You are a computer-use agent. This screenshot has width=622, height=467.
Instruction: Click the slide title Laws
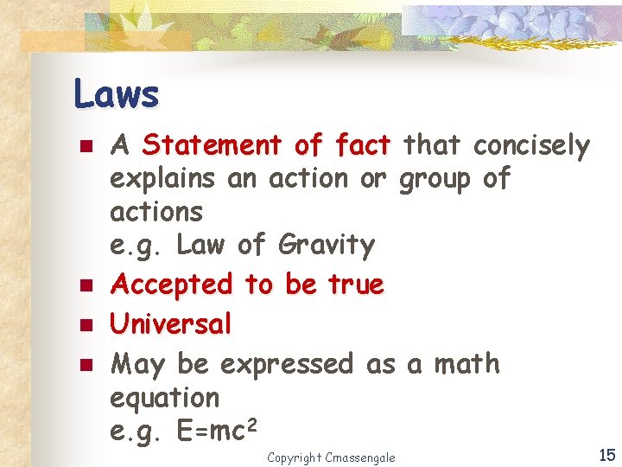tap(117, 93)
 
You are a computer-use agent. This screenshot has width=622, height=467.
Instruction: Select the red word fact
tap(354, 145)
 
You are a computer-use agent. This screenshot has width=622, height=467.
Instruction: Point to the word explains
tap(162, 180)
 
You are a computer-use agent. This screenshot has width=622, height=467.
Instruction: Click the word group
tap(435, 180)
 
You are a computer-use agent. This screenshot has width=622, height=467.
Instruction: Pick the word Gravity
tap(327, 246)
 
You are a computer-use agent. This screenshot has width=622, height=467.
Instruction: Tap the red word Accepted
tap(172, 285)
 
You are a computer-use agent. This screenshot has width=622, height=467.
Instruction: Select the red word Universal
tap(171, 324)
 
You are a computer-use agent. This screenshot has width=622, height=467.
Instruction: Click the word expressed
tap(287, 364)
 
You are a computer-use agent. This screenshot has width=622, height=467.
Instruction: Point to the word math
tap(466, 363)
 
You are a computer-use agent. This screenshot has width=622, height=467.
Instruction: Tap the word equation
tap(165, 399)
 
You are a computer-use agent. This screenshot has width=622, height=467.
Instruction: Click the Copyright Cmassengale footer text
tap(331, 457)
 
